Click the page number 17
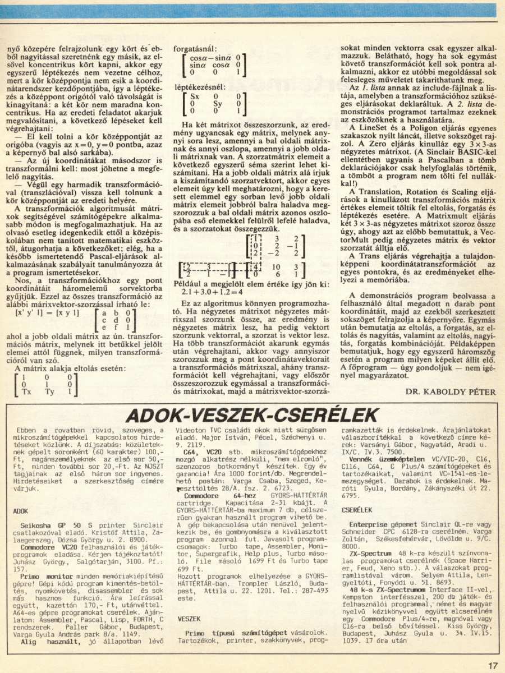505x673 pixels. pyautogui.click(x=492, y=666)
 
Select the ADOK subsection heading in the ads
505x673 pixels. pyautogui.click(x=20, y=511)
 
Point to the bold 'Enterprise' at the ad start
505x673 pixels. pyautogui.click(x=368, y=523)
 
